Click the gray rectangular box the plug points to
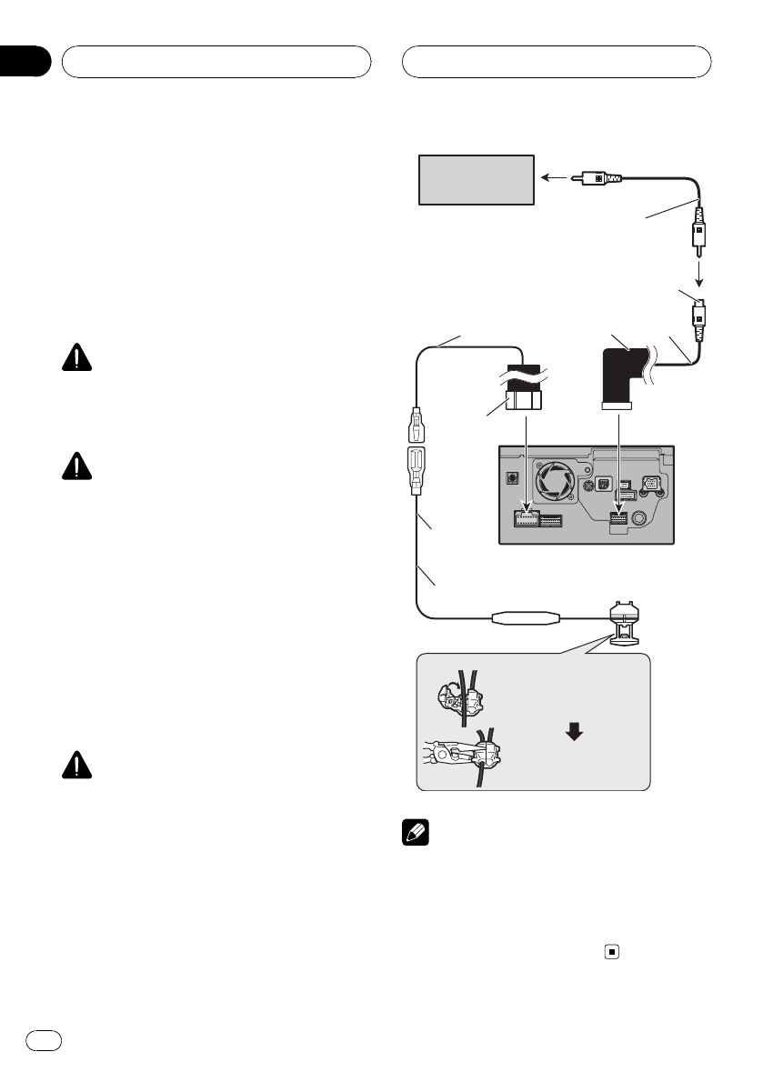point(476,179)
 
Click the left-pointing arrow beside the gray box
point(551,178)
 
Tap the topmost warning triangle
point(79,357)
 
